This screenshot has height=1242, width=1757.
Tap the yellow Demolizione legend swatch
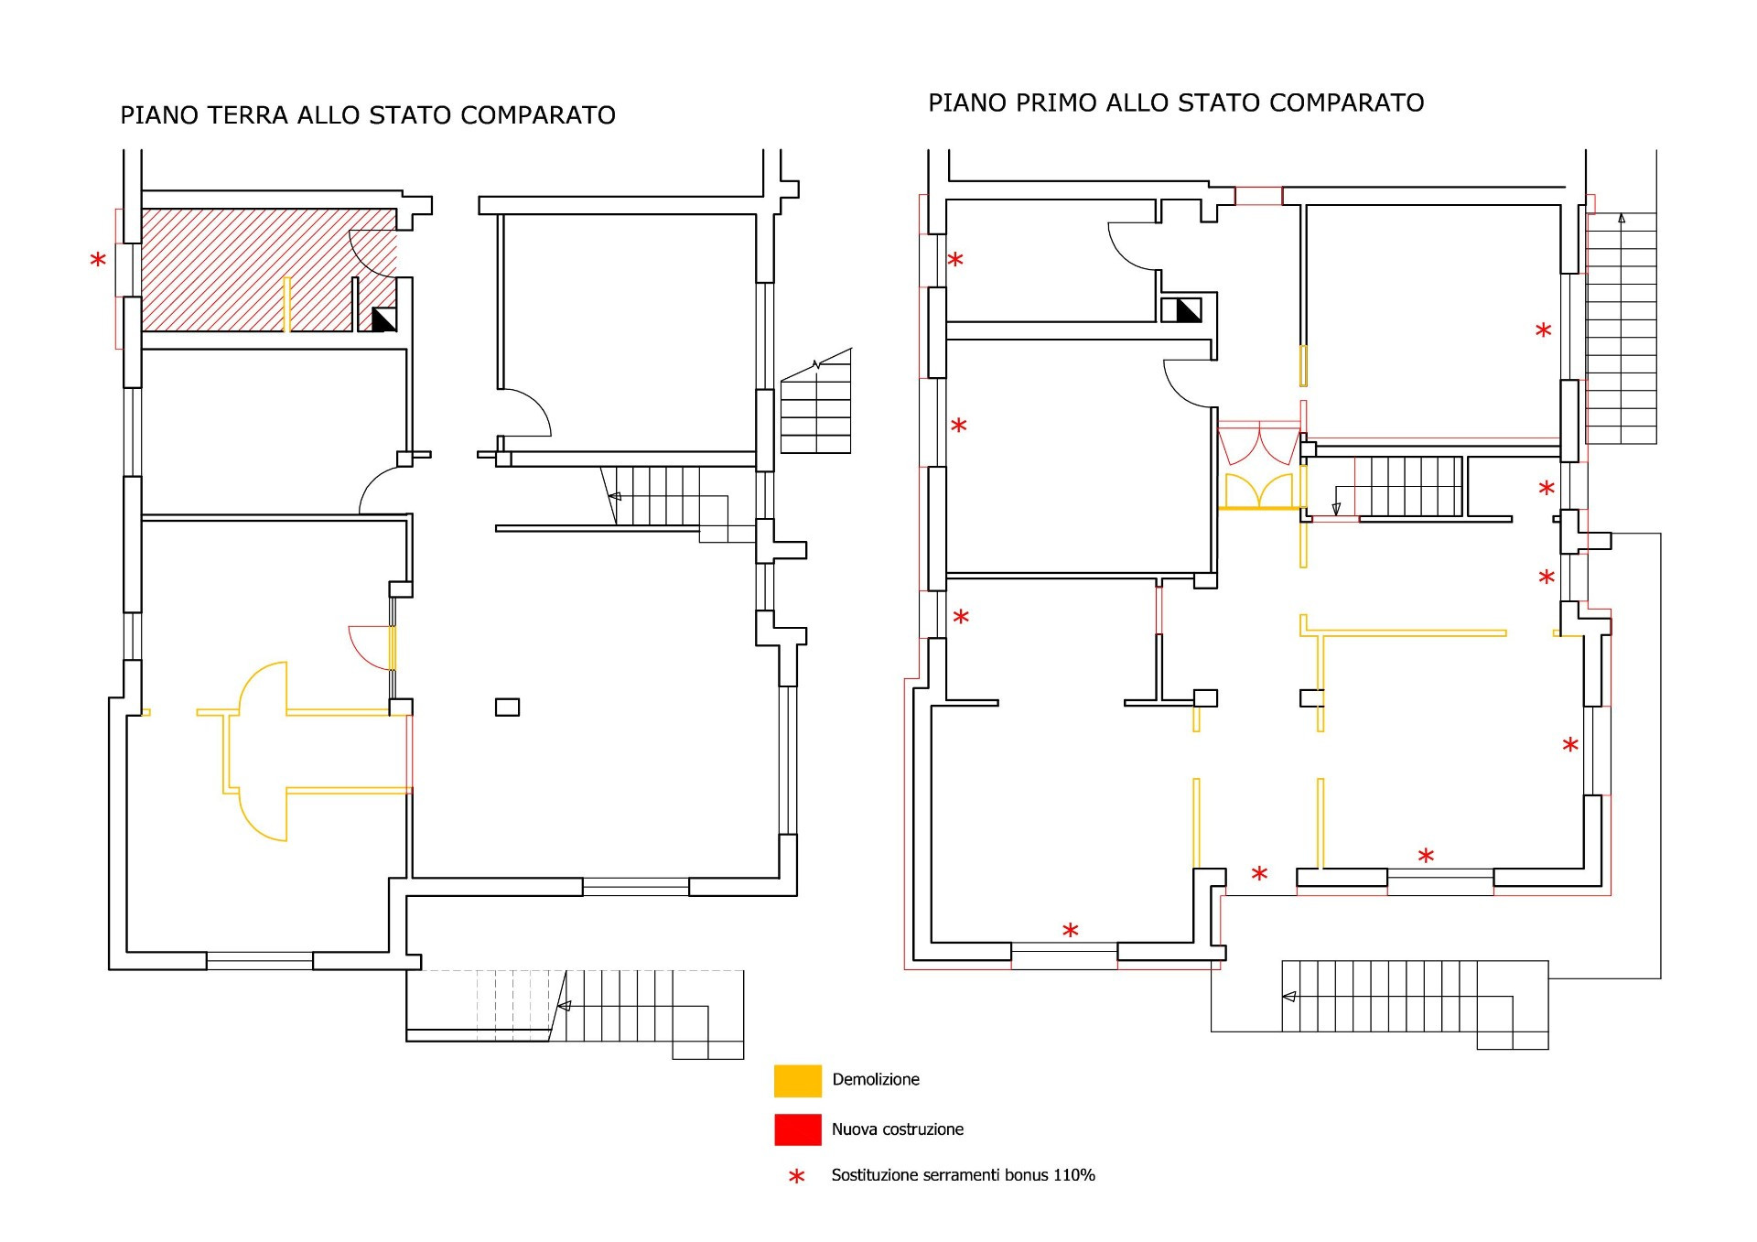pyautogui.click(x=797, y=1080)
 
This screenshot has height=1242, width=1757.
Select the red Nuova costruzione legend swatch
pyautogui.click(x=797, y=1129)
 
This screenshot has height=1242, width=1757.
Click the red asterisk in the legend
pyautogui.click(x=797, y=1176)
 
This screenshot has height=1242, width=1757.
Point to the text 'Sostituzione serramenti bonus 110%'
pyautogui.click(x=963, y=1175)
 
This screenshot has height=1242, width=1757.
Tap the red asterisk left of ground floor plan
pyautogui.click(x=98, y=261)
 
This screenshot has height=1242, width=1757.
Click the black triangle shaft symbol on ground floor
pyautogui.click(x=383, y=319)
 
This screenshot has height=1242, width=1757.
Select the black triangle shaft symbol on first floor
pyautogui.click(x=1187, y=310)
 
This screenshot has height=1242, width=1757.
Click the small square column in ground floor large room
pyautogui.click(x=507, y=707)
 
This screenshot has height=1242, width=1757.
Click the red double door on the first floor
pyautogui.click(x=1259, y=445)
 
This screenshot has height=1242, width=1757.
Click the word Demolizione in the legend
pyautogui.click(x=876, y=1080)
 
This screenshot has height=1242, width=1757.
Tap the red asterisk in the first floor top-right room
pyautogui.click(x=1543, y=330)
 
